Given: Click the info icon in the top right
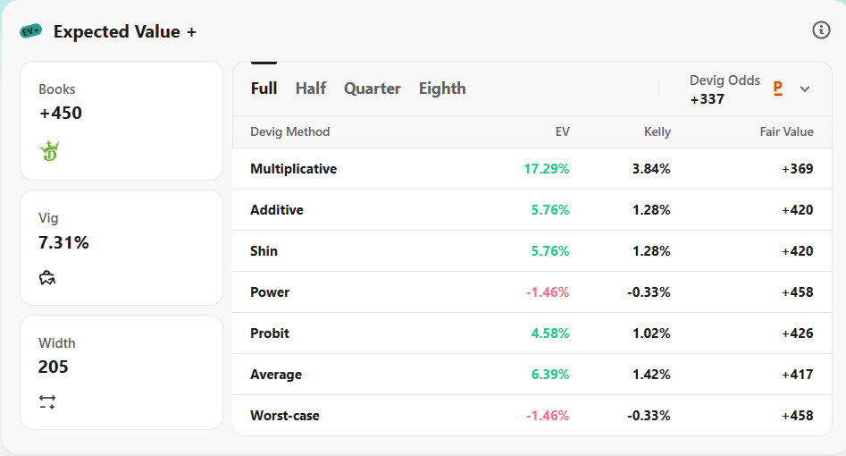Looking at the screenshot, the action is [821, 30].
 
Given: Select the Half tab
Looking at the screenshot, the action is [310, 88].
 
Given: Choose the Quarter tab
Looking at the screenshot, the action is [373, 88].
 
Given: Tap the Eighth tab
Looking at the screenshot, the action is [442, 88].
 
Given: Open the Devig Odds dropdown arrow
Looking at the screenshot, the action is [804, 89].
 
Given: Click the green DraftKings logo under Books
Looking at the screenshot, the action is [49, 151].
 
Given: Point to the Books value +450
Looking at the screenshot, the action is [61, 113].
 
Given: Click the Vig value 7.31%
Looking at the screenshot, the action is [63, 242].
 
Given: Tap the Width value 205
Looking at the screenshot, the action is [54, 367].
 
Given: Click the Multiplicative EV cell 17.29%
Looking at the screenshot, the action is [547, 169].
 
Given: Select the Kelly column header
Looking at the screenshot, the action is [658, 131].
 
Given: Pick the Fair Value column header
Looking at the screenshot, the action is [787, 131].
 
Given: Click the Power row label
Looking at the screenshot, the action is [270, 292].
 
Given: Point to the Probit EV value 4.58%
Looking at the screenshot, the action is [549, 334].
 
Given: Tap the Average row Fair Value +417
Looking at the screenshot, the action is [798, 375].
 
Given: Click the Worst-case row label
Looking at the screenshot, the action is [285, 416].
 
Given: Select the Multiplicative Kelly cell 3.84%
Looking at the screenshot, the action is [651, 169].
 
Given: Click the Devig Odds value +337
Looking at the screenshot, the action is [708, 99].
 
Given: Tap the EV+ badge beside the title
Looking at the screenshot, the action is [30, 31].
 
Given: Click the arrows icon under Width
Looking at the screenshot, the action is [47, 402].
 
